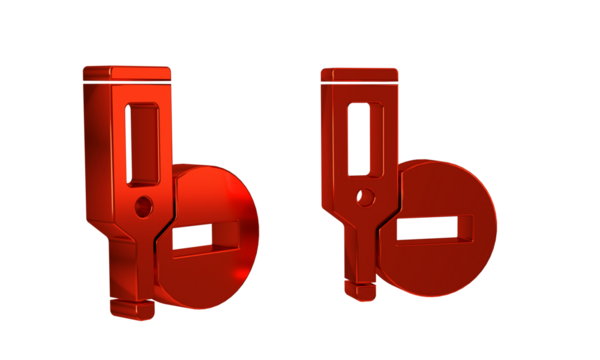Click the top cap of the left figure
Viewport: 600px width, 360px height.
click(127, 73)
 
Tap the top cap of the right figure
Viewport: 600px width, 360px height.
click(360, 74)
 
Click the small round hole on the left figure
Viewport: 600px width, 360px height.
click(144, 207)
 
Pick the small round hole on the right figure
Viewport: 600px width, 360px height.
click(366, 197)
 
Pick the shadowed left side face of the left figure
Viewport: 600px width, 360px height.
click(96, 150)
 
